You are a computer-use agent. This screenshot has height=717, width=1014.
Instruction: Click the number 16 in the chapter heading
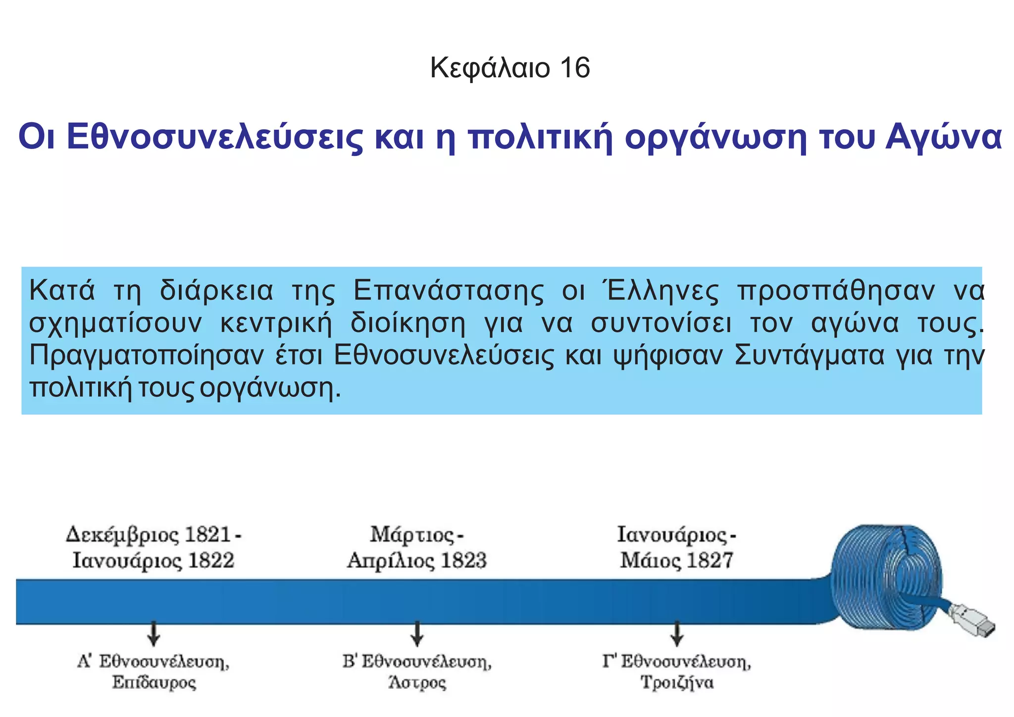[575, 68]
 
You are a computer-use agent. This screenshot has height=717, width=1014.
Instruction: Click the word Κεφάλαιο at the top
[490, 68]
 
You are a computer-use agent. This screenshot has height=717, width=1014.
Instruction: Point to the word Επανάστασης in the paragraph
[448, 291]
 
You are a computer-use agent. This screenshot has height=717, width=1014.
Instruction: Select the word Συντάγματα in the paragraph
[809, 356]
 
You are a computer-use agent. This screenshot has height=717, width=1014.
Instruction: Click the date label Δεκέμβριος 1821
[149, 535]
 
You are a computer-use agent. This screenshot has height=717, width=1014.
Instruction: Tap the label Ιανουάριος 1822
[153, 561]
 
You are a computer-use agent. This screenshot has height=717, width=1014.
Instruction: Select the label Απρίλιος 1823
[416, 561]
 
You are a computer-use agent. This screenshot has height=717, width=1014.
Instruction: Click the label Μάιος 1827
[676, 561]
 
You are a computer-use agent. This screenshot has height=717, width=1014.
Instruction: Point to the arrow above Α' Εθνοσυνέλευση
[153, 634]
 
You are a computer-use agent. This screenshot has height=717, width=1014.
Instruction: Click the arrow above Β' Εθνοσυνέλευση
[417, 634]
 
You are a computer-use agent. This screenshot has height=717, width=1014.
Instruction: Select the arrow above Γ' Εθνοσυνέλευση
[677, 634]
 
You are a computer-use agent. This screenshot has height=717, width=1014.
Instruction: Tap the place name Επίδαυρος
[153, 683]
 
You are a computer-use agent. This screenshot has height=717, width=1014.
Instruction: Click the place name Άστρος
[417, 683]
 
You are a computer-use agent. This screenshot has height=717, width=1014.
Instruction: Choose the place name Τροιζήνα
[677, 683]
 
